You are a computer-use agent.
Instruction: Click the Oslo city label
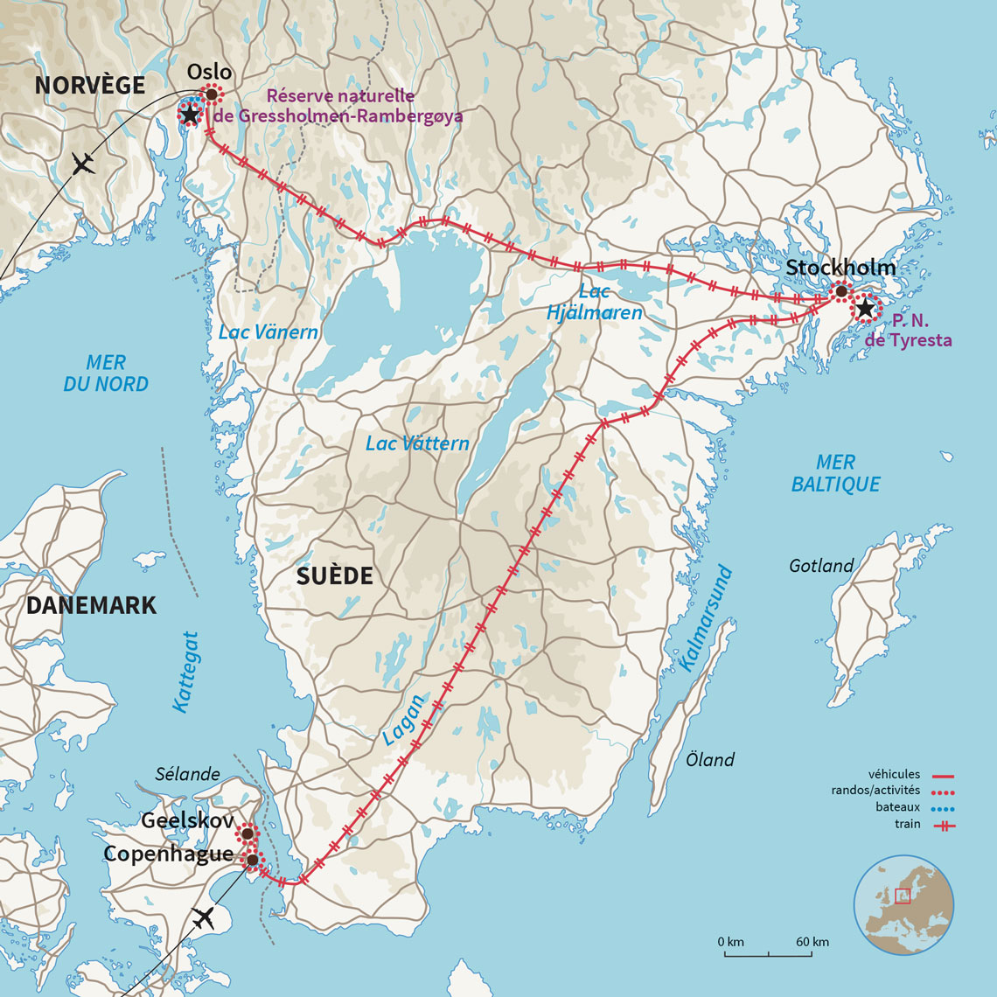(x=210, y=73)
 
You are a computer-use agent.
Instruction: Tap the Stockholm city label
(x=840, y=268)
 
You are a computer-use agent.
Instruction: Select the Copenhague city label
(x=168, y=854)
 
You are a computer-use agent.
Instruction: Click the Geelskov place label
(x=186, y=820)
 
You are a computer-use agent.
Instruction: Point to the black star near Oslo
(x=190, y=114)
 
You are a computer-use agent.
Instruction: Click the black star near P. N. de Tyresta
(x=865, y=309)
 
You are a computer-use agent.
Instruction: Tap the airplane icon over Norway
(x=83, y=164)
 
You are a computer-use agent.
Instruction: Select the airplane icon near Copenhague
(x=203, y=918)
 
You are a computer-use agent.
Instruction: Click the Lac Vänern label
(x=268, y=332)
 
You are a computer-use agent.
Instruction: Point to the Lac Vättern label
(x=417, y=443)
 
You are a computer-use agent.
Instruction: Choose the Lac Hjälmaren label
(x=595, y=302)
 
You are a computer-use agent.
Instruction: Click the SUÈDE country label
(x=334, y=575)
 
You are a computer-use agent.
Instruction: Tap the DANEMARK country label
(x=91, y=605)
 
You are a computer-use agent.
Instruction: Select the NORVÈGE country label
(x=89, y=85)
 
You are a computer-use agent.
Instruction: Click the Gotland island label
(x=820, y=566)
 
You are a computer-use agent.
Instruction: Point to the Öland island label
(x=710, y=760)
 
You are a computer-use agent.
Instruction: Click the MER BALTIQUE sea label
(x=835, y=473)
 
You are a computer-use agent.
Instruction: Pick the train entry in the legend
(x=907, y=824)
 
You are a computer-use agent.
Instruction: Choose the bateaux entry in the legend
(x=899, y=807)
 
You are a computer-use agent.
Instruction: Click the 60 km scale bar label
(x=812, y=942)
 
